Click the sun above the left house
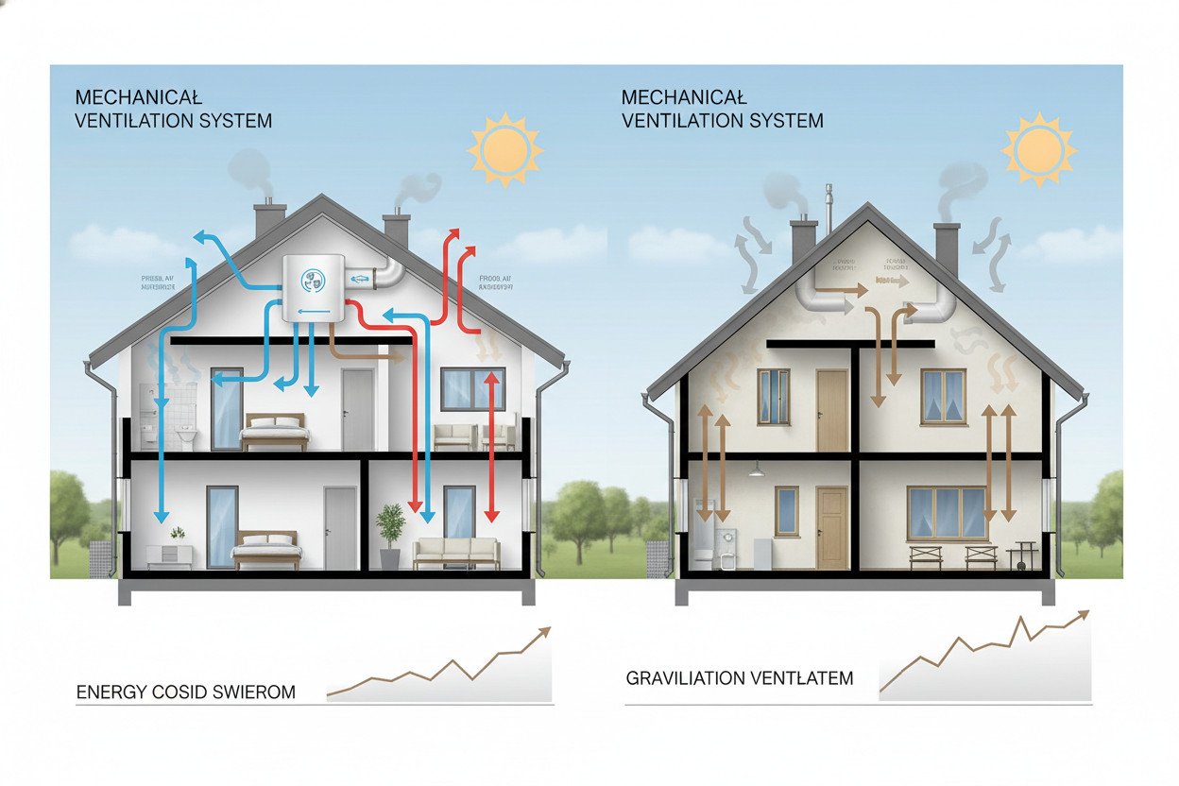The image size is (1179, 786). [505, 148]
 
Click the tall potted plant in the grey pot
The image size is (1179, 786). [389, 535]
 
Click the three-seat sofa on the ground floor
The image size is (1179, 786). [457, 553]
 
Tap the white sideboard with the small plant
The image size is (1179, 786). [170, 554]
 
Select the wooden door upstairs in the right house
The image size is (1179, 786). [832, 410]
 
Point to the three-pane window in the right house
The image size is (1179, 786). [947, 513]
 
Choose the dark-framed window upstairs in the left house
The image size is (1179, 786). [472, 388]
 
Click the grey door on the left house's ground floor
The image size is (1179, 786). [339, 528]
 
